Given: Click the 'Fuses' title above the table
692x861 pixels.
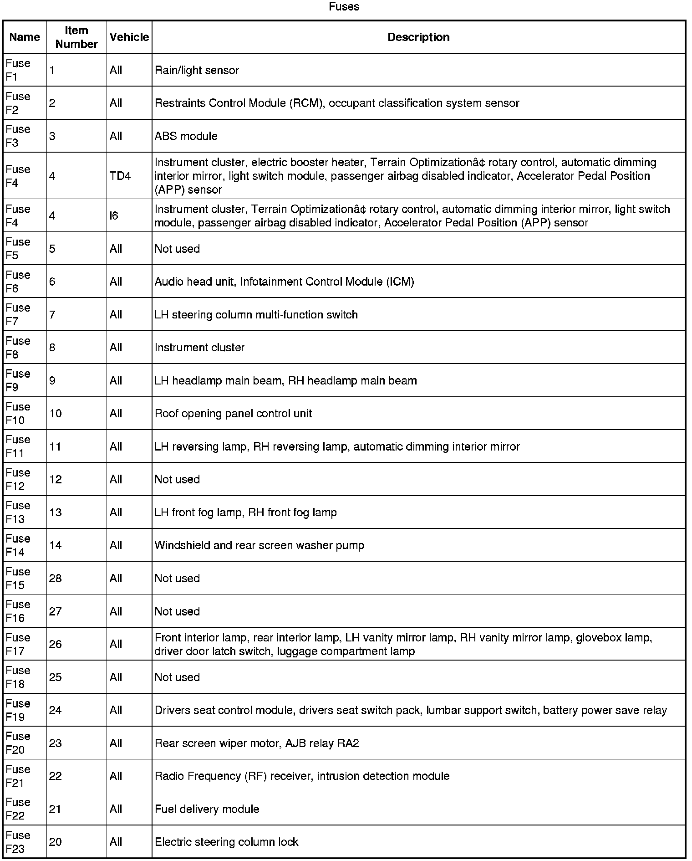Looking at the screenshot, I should click(344, 7).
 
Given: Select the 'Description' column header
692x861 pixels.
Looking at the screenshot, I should click(418, 37).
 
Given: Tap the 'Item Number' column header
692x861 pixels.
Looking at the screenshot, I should click(76, 37).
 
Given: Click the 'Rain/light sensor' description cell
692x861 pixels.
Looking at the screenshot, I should click(197, 71).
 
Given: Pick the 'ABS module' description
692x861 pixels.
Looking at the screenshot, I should click(186, 136).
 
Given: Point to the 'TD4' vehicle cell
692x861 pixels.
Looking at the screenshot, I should click(120, 176).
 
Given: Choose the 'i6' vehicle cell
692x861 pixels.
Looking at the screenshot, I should click(114, 215).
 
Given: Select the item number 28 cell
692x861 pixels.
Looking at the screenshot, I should click(55, 579).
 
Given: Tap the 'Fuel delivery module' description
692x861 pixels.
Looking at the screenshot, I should click(207, 809).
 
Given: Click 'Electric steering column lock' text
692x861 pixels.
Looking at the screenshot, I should click(226, 842).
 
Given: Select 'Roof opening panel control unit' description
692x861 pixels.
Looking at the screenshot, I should click(233, 414).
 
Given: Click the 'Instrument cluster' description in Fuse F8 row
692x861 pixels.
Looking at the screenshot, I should click(199, 348).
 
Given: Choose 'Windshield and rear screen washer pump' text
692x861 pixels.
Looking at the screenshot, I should click(259, 545).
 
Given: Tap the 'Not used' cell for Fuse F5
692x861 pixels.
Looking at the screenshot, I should click(177, 249).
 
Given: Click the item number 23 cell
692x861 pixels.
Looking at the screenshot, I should click(55, 743).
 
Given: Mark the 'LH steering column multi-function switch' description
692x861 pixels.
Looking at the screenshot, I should click(256, 315).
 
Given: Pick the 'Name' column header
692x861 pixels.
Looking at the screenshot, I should click(25, 37).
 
